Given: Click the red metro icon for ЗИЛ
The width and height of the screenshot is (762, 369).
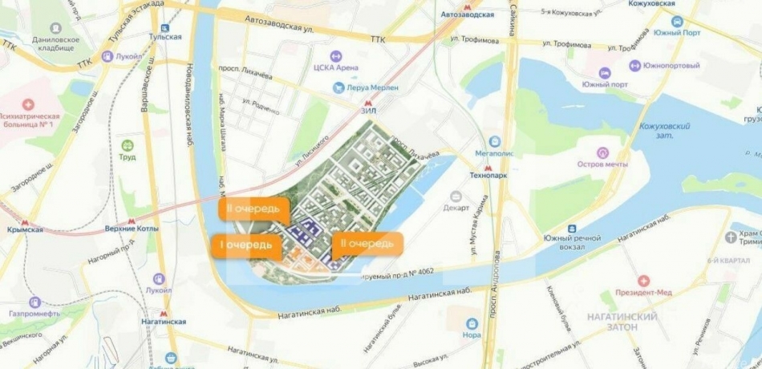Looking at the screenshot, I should (368, 103).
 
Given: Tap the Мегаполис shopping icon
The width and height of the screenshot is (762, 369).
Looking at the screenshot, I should (494, 141).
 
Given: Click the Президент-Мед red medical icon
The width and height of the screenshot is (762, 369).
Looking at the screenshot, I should (642, 281).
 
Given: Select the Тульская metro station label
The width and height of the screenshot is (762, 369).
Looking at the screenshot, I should (164, 36).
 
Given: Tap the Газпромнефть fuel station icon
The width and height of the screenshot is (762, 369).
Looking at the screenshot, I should (35, 302).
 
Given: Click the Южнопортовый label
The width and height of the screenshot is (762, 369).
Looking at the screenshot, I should (667, 65).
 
